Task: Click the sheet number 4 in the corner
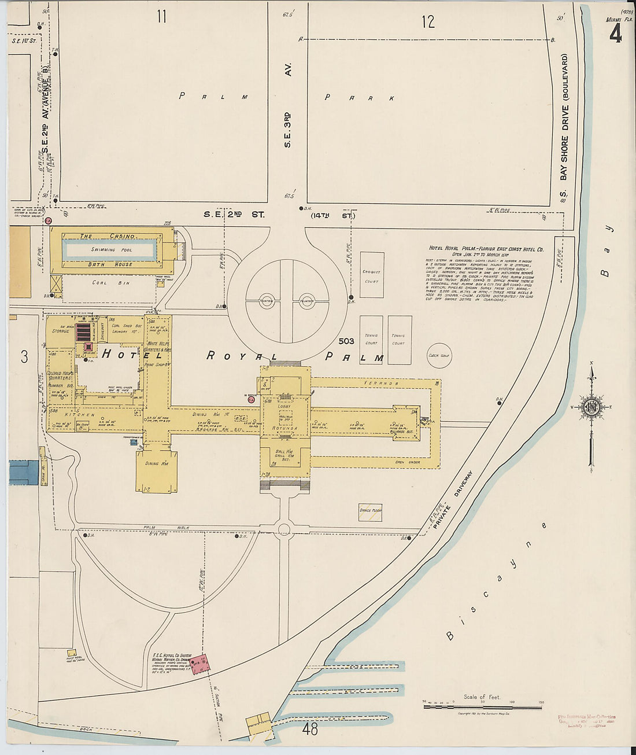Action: click(615, 35)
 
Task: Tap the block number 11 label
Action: click(161, 17)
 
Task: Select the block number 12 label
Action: click(428, 22)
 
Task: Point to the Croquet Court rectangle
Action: click(372, 275)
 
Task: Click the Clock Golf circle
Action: click(439, 355)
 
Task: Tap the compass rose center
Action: click(591, 407)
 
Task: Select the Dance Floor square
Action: click(370, 511)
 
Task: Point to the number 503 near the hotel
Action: click(346, 341)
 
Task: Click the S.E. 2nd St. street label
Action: click(234, 215)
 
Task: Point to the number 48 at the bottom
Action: click(310, 730)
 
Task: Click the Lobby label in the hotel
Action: click(284, 407)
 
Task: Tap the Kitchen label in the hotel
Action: click(79, 415)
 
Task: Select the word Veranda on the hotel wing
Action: click(374, 383)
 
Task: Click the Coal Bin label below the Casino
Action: click(102, 283)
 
